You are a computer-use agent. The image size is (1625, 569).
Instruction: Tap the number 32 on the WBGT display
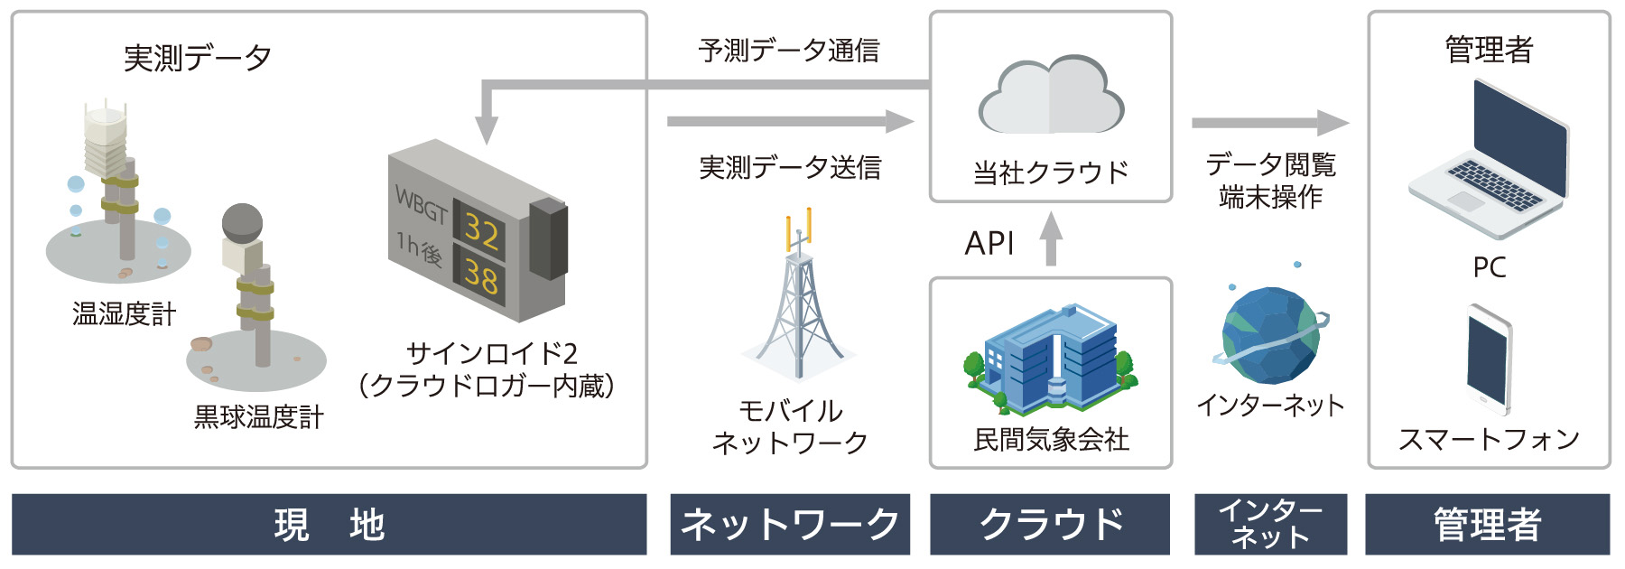(x=481, y=231)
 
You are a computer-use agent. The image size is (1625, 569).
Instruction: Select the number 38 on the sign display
(x=481, y=275)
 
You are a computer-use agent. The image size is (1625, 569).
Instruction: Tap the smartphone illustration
(x=1489, y=360)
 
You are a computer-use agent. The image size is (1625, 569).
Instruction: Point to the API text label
(x=989, y=243)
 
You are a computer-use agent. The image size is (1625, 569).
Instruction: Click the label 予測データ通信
(x=789, y=51)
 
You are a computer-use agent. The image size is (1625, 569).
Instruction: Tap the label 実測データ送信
(x=790, y=167)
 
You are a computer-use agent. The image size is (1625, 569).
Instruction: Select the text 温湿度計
(x=124, y=313)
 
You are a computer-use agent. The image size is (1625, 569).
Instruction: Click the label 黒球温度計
(x=258, y=416)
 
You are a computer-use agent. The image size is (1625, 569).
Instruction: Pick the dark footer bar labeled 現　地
(x=330, y=524)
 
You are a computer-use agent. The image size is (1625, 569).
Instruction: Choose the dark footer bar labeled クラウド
(x=1050, y=524)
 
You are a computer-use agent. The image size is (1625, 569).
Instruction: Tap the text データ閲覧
(x=1270, y=164)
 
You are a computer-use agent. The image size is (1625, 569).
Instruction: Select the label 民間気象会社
(x=1051, y=440)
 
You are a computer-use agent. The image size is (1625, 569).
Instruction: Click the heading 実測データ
(x=198, y=58)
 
